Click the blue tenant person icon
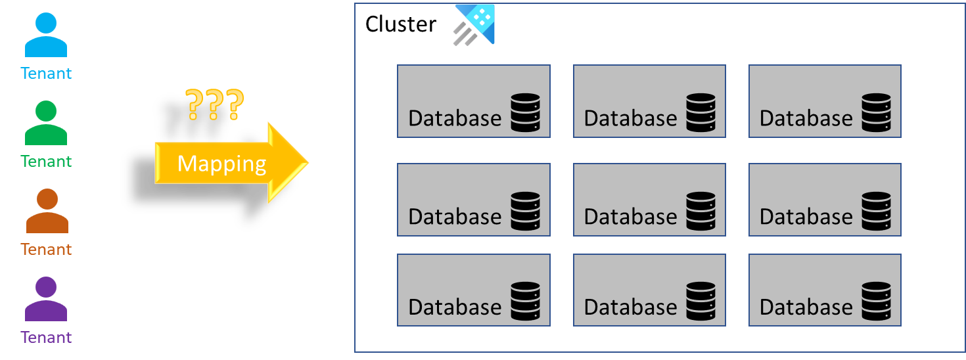(46, 35)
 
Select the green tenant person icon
(46, 123)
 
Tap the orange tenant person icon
(47, 211)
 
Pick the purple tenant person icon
(46, 299)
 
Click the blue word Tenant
(46, 73)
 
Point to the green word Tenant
(46, 161)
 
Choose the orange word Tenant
(46, 249)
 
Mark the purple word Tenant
(46, 337)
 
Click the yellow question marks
(214, 104)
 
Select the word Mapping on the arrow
(221, 163)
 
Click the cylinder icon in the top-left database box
(525, 112)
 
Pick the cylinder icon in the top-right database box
(877, 112)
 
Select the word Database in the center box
(630, 217)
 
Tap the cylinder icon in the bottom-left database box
(525, 302)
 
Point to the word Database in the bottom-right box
(806, 307)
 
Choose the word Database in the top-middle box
(630, 118)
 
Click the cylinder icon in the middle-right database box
(877, 211)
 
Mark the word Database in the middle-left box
(455, 217)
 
